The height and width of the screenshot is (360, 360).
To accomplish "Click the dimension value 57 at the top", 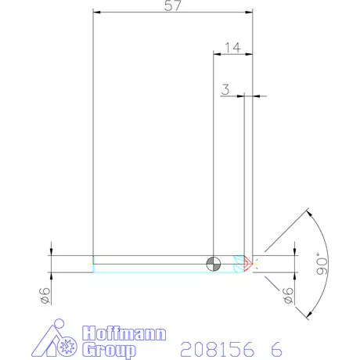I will point(172,6).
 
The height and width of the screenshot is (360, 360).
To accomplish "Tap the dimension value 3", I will point(225,90).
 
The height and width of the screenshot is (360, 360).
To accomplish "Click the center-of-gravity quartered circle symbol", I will point(214,264).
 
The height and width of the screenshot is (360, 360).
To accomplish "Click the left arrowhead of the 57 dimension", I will point(95,12).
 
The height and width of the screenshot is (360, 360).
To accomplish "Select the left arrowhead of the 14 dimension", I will point(217,54).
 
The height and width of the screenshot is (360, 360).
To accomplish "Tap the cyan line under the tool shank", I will point(157,272).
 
